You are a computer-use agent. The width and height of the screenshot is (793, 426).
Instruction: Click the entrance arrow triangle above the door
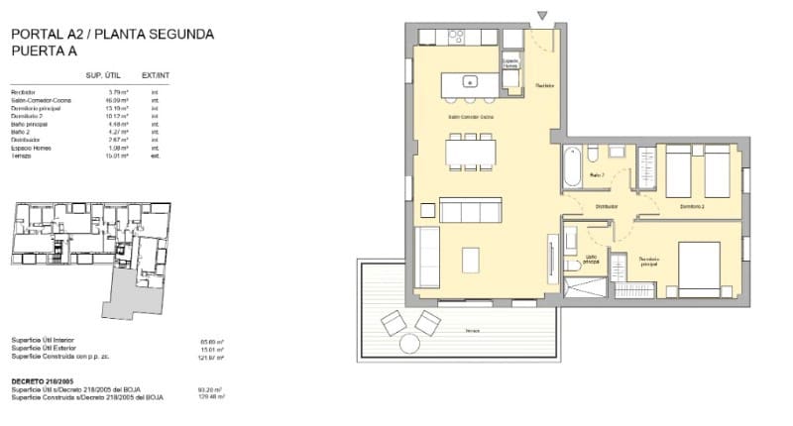[x=542, y=14]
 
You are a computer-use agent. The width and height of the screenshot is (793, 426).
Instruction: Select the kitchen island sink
[x=473, y=81]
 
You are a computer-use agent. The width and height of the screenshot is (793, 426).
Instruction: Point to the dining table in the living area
[x=473, y=151]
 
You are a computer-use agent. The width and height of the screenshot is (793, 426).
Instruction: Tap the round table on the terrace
[x=408, y=343]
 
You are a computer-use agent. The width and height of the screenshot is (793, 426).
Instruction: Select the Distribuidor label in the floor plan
[x=607, y=206]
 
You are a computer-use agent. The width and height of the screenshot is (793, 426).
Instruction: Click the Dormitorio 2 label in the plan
[x=692, y=206]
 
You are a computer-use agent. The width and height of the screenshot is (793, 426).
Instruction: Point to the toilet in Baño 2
[x=591, y=155]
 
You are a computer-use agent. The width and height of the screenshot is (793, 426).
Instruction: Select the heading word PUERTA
[x=37, y=51]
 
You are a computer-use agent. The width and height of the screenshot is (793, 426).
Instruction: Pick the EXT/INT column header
[x=156, y=75]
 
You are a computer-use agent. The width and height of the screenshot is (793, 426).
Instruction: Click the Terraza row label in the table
[x=22, y=156]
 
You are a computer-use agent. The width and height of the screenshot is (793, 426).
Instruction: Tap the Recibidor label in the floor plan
[x=544, y=86]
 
